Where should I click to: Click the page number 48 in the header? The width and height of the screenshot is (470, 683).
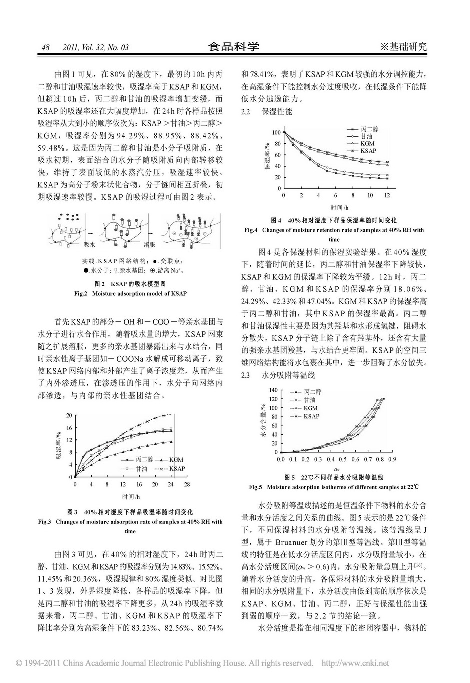(45, 48)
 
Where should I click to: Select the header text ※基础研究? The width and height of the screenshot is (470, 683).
(403, 47)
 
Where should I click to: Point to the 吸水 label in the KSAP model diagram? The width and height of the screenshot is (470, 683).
(89, 245)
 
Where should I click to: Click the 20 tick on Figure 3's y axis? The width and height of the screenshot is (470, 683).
(69, 415)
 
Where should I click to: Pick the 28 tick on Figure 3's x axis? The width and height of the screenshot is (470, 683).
(187, 485)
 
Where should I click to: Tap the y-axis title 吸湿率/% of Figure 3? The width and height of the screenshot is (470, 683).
(58, 446)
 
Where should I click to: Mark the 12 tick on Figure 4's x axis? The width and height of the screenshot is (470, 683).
(387, 195)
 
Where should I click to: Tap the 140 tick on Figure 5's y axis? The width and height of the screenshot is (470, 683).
(273, 390)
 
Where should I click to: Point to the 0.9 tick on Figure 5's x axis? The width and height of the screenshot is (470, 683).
(392, 459)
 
